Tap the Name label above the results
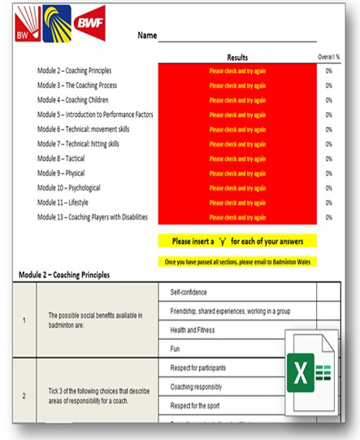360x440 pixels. [x=147, y=36]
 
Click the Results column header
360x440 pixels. [x=238, y=58]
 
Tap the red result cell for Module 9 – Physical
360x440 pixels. [x=238, y=173]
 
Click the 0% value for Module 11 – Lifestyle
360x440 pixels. [x=328, y=203]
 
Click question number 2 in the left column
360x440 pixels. [x=24, y=396]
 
